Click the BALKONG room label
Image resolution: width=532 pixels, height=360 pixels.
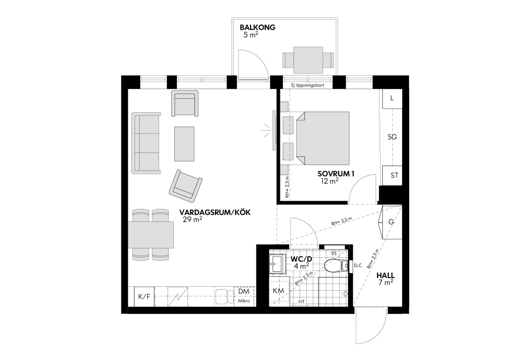click(x=258, y=27)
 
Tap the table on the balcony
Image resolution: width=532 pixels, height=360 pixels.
click(x=308, y=60)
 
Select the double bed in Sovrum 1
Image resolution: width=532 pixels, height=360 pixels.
click(x=323, y=138)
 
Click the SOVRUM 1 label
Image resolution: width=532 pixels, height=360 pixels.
click(x=336, y=174)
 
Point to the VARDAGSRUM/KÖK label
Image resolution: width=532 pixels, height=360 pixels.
click(x=215, y=212)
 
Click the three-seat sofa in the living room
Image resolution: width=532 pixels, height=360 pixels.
click(x=146, y=143)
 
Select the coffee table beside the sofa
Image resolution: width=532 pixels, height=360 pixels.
click(x=184, y=144)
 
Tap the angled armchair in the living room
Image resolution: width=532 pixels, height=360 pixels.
click(x=185, y=186)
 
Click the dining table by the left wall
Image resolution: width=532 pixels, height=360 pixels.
click(x=151, y=235)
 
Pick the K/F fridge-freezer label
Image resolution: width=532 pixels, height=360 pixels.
click(x=144, y=297)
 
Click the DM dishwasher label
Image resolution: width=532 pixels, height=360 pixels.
click(x=244, y=291)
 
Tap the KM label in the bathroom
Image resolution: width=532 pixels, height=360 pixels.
click(x=278, y=291)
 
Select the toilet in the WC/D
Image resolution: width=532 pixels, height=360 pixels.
click(x=336, y=266)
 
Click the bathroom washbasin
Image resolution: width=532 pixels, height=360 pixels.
click(x=278, y=264)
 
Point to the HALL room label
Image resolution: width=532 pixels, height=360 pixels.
click(x=386, y=275)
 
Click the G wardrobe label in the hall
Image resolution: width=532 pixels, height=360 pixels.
click(x=391, y=222)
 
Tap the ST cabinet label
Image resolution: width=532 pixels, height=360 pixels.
click(x=394, y=176)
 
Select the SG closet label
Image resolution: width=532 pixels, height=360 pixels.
click(x=392, y=137)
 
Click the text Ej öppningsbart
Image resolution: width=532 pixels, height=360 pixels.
click(x=308, y=85)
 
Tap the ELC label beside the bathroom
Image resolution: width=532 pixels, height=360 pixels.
click(x=358, y=266)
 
